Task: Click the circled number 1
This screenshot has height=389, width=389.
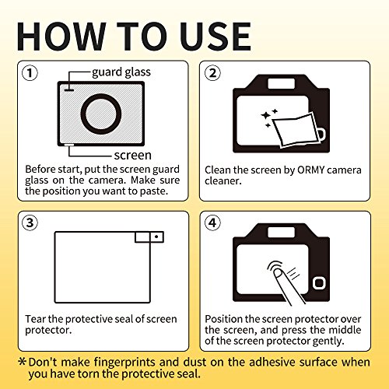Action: click(x=30, y=73)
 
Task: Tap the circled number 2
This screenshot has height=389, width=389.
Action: click(x=212, y=73)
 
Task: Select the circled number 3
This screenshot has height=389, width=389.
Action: click(x=30, y=223)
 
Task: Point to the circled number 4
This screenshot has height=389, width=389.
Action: click(x=212, y=223)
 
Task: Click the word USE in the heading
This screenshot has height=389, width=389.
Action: click(x=216, y=37)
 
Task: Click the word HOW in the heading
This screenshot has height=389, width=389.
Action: click(x=61, y=37)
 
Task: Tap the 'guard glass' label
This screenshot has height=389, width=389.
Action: click(x=121, y=72)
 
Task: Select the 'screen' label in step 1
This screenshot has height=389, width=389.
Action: click(x=133, y=155)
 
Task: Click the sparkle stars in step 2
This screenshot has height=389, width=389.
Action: click(x=269, y=117)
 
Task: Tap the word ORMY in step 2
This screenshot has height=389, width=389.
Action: click(x=311, y=170)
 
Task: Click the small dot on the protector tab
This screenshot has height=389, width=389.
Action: click(x=156, y=237)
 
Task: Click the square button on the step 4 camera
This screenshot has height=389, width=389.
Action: click(x=319, y=283)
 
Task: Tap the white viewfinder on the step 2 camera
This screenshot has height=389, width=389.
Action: click(x=281, y=84)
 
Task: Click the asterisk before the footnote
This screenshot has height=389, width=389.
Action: click(x=23, y=361)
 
